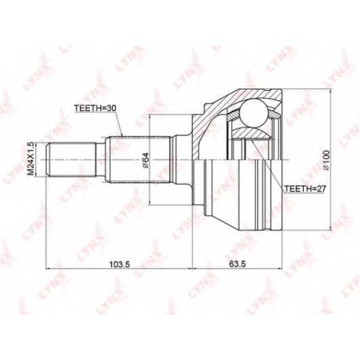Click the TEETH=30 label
pyautogui.click(x=95, y=108)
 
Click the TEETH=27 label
pyautogui.click(x=305, y=189)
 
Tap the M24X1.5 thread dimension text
pyautogui.click(x=30, y=159)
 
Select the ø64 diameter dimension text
pyautogui.click(x=146, y=161)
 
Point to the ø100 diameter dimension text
pyautogui.click(x=326, y=161)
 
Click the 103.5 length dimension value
pyautogui.click(x=120, y=264)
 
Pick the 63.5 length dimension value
pyautogui.click(x=238, y=264)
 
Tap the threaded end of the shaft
pyautogui.click(x=71, y=160)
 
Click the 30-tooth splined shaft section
pyautogui.click(x=140, y=160)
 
